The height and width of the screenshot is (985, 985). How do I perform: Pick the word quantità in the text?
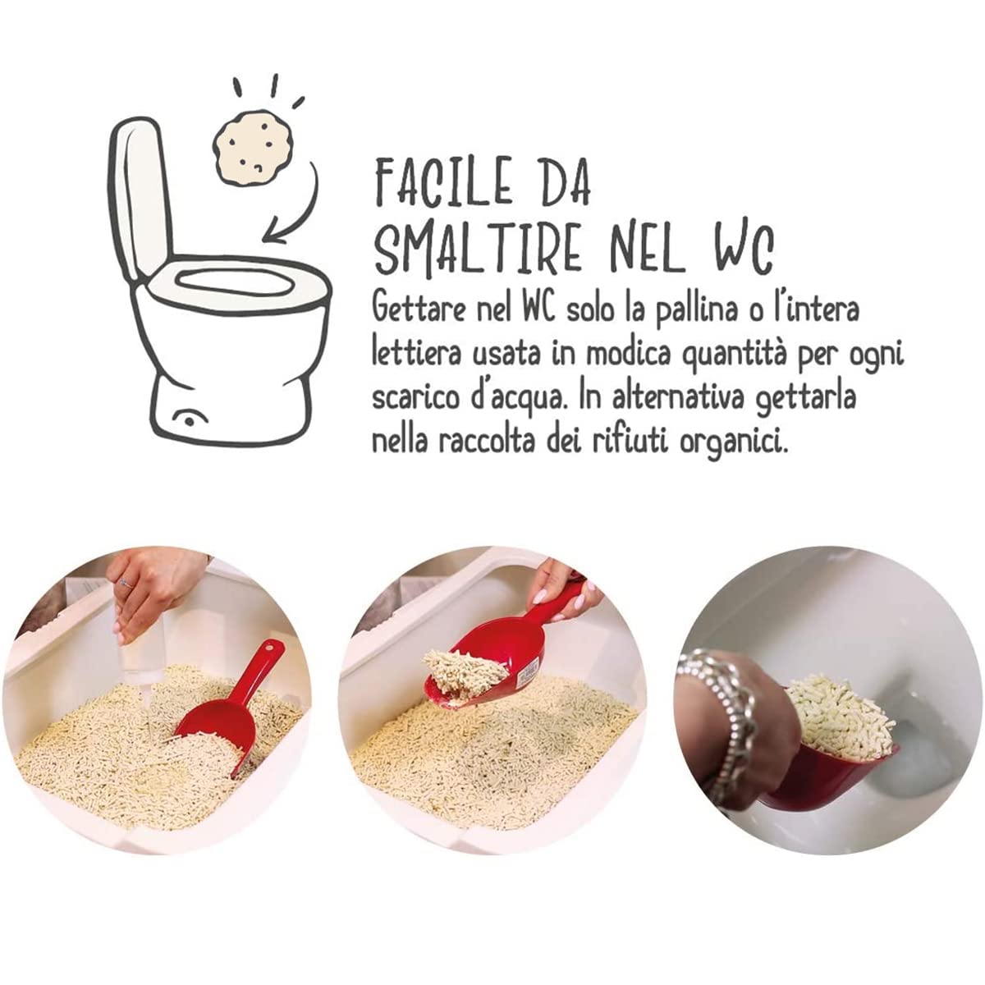point(744,355)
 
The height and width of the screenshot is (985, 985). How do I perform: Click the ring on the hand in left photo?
point(125,584)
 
